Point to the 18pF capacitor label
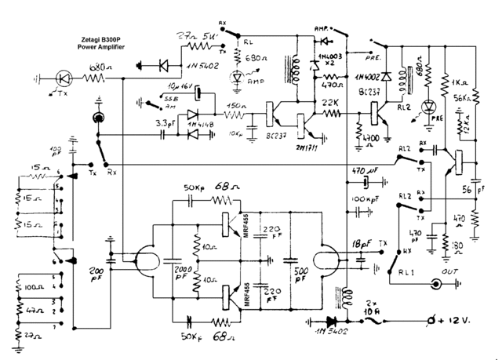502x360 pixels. pos(362,245)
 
